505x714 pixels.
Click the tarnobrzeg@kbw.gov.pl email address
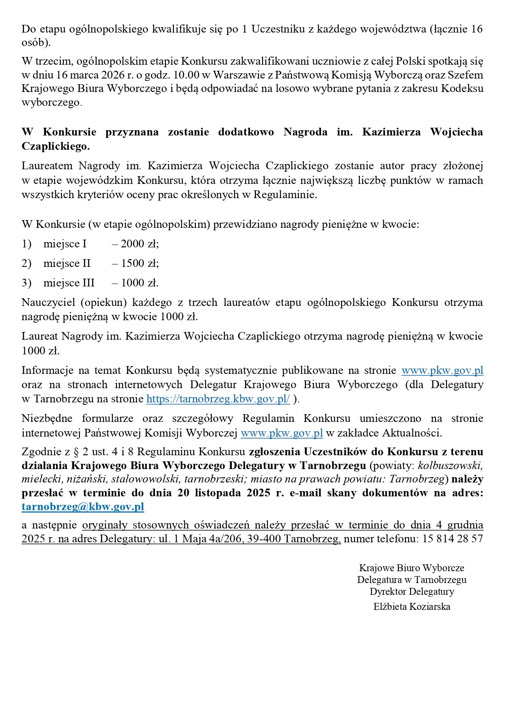coord(83,507)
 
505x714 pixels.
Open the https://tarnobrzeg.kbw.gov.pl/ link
coord(218,399)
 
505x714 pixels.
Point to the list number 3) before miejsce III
coord(26,283)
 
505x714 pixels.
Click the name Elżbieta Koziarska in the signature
coord(412,607)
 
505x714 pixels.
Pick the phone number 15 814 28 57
coord(453,539)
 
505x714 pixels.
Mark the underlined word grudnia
coord(465,525)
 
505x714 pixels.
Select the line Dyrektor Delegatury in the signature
coord(412,591)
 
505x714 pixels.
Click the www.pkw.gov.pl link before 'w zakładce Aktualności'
coord(282,433)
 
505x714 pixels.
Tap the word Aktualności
coord(412,433)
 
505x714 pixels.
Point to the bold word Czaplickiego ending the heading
coord(55,146)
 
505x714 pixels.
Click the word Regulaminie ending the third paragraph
coord(285,194)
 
